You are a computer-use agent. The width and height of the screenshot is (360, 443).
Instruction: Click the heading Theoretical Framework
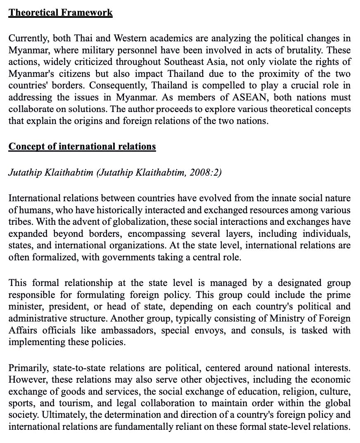click(x=60, y=12)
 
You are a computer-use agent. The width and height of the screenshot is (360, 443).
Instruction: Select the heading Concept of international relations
click(x=82, y=146)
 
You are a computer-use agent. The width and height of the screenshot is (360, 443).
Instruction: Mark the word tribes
click(x=19, y=222)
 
